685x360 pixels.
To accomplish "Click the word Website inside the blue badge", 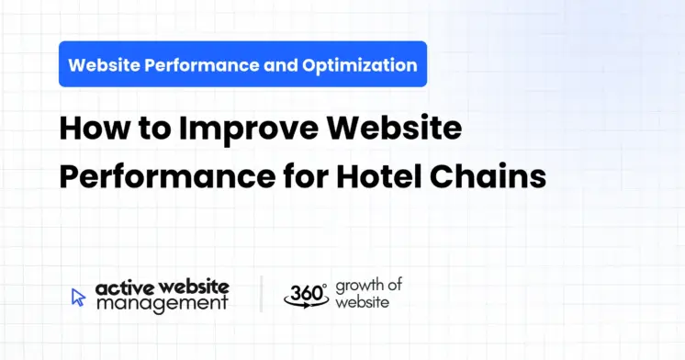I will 106,65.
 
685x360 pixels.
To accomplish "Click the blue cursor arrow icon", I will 79,297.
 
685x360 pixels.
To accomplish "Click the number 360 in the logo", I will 304,294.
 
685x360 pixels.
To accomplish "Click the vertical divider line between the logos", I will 261,294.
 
